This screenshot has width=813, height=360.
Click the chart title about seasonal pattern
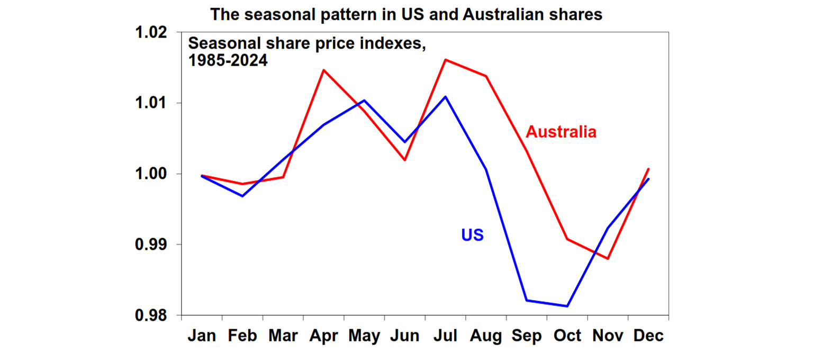406,14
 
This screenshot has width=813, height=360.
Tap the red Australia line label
561,132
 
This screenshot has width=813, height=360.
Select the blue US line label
472,235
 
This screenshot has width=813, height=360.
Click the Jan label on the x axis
202,336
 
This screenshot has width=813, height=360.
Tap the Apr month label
323,336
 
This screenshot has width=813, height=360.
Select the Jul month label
445,336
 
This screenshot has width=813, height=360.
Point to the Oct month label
567,336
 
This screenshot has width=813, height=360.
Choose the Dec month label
648,336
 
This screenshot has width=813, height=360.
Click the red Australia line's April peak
323,70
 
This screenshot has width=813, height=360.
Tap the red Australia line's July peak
445,60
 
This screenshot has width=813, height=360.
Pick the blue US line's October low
567,306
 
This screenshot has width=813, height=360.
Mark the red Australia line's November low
608,259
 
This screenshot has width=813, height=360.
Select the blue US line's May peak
364,100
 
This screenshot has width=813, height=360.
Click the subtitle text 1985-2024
228,60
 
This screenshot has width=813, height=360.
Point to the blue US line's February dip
242,196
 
